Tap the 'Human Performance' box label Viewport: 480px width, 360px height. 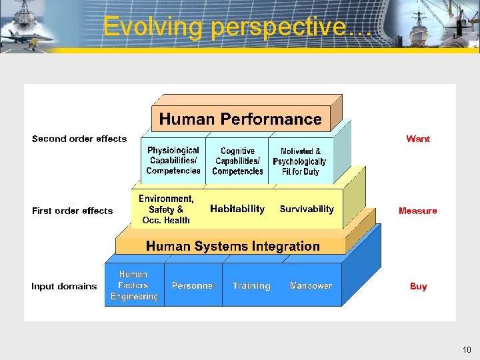pos(240,119)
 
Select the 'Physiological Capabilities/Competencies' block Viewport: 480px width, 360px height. pos(173,161)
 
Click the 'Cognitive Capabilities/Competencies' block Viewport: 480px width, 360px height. pos(237,161)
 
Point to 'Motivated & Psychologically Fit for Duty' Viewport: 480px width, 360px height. pos(300,161)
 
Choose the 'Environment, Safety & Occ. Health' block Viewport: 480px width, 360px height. pos(166,209)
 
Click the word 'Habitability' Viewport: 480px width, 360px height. pos(237,209)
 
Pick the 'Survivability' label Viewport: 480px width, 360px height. pos(307,209)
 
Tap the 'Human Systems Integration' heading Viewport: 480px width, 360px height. pos(233,246)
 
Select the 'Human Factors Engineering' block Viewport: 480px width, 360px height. pos(133,285)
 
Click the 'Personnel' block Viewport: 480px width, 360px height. pos(193,285)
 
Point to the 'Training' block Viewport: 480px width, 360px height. pos(251,285)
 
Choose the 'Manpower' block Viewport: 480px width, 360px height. pos(311,285)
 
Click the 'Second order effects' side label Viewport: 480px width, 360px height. pos(79,139)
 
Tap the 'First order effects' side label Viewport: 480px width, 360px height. pos(73,211)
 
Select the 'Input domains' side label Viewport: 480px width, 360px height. pos(64,286)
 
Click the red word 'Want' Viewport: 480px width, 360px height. pos(418,139)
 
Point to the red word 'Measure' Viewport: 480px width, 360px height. pos(418,211)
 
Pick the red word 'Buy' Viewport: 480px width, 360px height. pos(419,286)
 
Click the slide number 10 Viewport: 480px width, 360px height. pos(467,349)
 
